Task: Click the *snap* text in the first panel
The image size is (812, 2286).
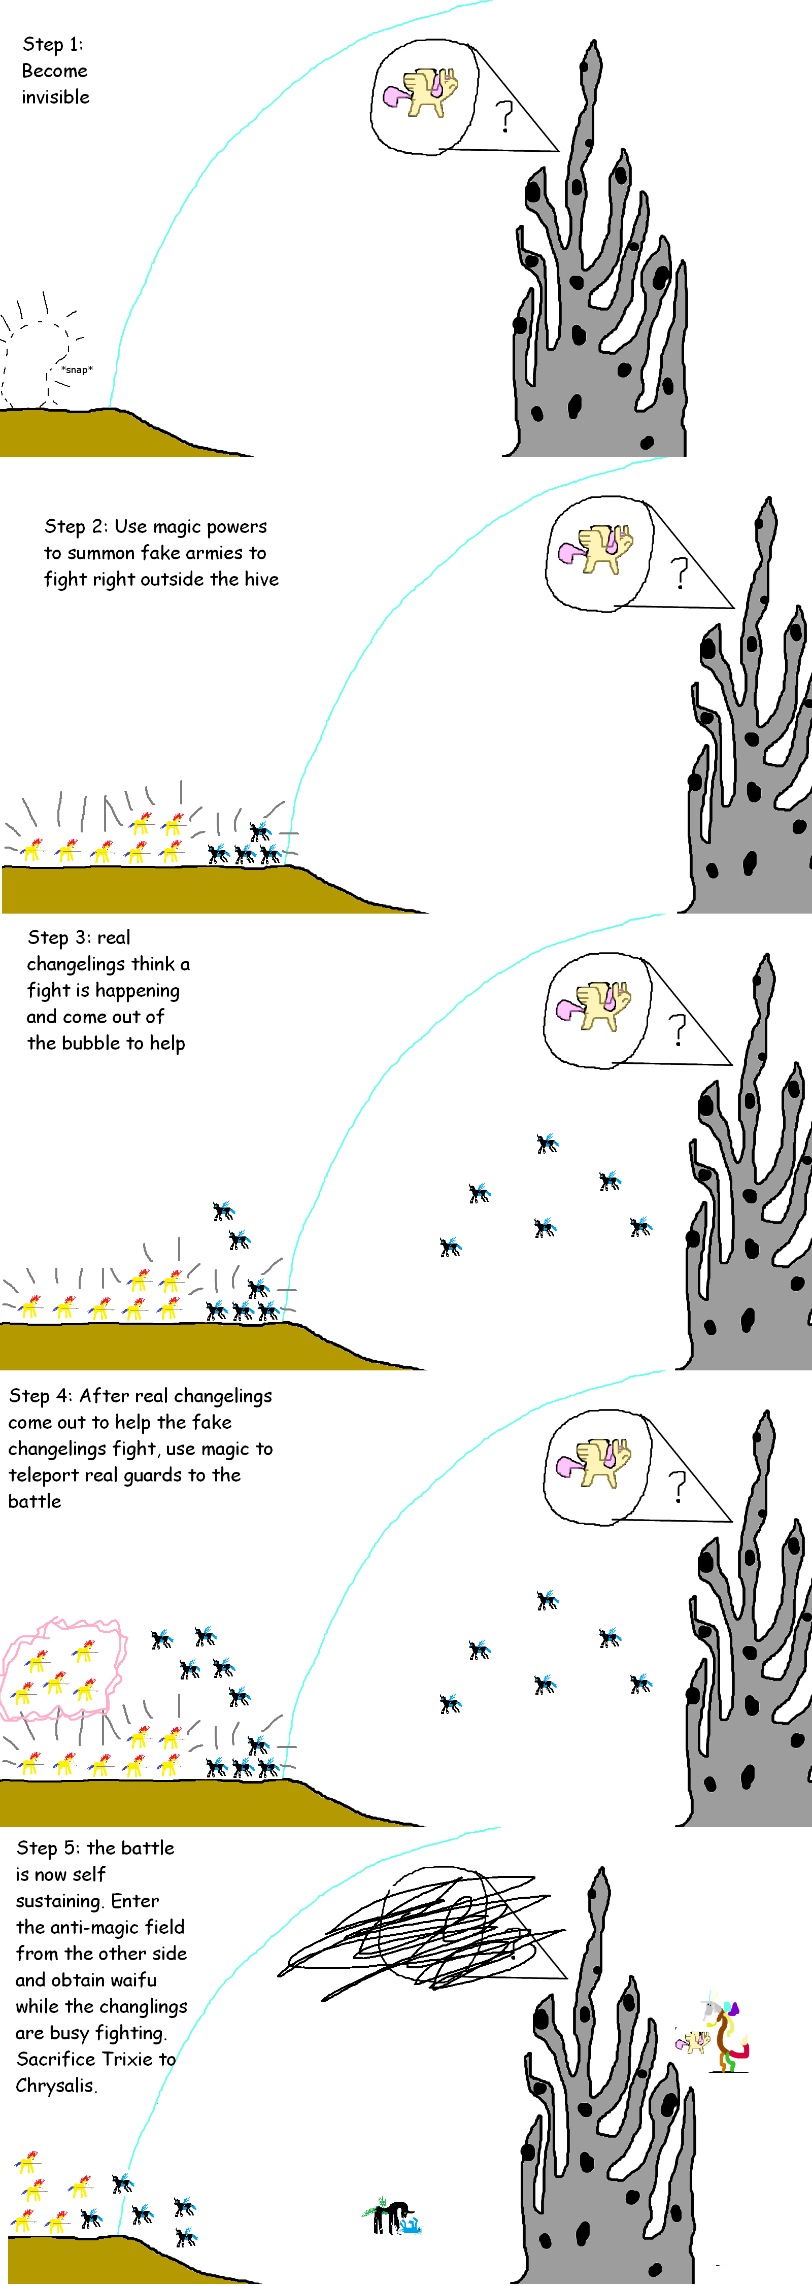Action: point(77,369)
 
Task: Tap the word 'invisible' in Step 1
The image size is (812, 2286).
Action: point(55,97)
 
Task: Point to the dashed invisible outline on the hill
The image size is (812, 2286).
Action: point(36,364)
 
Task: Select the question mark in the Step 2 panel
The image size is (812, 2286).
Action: point(679,573)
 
